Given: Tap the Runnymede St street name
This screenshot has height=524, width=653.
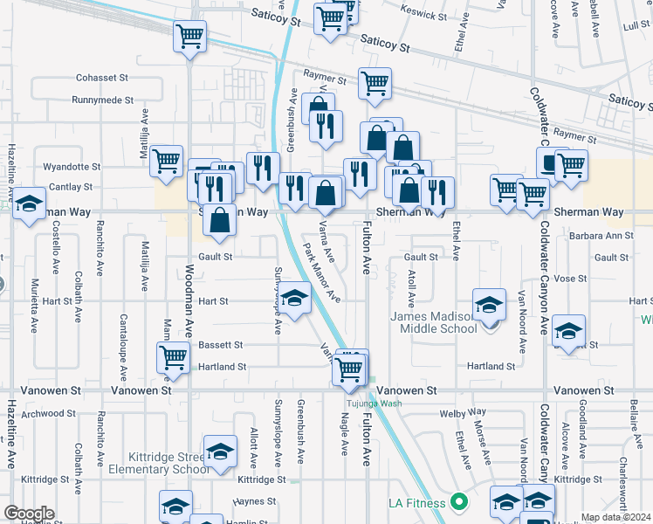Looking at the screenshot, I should (102, 101).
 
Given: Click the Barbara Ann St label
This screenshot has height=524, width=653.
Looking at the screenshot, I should (600, 236).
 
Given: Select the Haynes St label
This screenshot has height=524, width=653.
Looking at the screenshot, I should (256, 501).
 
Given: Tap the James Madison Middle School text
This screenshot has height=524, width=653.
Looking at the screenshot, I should (434, 322).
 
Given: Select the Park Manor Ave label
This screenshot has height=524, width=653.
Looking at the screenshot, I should (322, 272).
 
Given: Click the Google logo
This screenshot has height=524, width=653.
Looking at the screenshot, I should (29, 514).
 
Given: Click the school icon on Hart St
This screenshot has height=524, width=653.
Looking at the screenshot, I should (295, 300).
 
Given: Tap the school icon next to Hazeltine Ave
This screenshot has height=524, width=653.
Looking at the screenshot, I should (30, 204).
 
